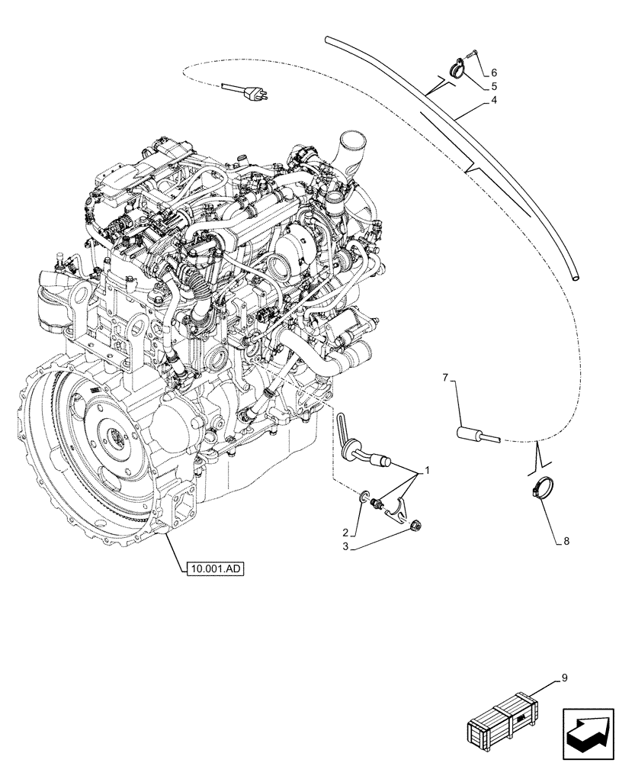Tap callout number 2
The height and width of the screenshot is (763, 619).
346,532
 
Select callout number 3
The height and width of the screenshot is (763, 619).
346,547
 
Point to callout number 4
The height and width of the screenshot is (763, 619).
495,100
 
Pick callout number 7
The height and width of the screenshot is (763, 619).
447,377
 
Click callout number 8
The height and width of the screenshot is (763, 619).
566,542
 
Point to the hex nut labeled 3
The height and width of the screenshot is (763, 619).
417,524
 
